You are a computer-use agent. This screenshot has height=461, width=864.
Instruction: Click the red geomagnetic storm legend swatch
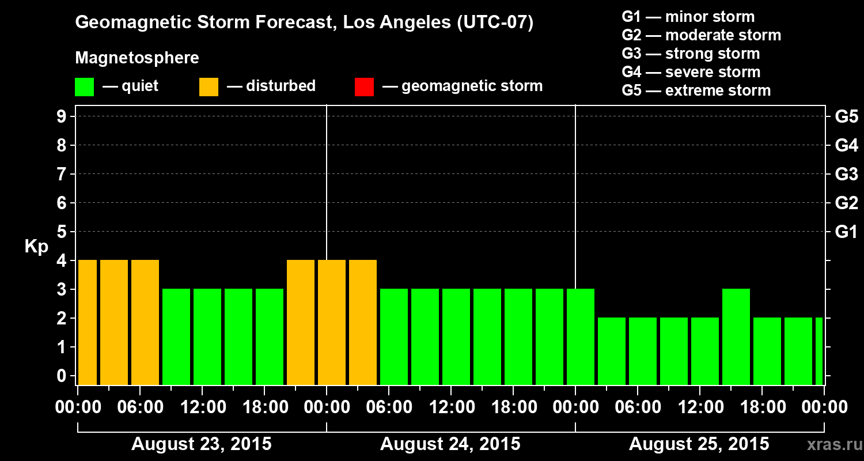point(364,86)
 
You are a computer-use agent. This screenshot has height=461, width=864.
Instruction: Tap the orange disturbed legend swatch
point(209,86)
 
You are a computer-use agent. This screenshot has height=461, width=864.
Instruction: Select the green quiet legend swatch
point(84,86)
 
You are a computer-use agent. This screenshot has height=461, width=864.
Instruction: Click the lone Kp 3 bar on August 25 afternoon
point(736,337)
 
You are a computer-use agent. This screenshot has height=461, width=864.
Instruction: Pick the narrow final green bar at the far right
point(819,351)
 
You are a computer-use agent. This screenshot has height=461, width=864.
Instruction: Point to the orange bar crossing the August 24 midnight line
point(332,322)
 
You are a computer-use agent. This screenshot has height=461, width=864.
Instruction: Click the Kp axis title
point(36,247)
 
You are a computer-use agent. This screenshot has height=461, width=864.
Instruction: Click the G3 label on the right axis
point(846,174)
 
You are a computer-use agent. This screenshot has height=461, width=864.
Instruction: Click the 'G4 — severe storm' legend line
point(691,72)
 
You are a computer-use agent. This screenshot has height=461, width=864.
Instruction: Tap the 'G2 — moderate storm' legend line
point(702,35)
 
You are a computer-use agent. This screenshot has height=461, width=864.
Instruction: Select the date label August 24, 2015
point(450,444)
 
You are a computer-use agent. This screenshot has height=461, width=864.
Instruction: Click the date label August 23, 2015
point(202,444)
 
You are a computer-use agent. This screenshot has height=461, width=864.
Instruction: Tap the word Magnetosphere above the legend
point(137,58)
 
